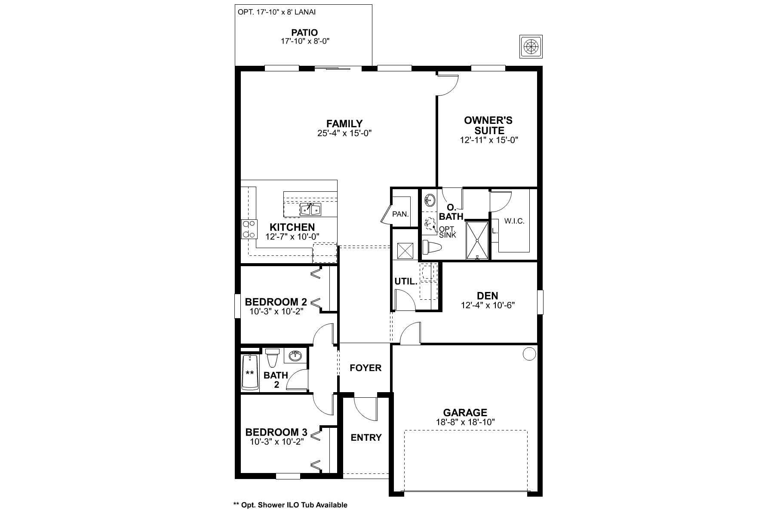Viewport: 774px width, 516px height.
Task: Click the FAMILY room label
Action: coord(344,124)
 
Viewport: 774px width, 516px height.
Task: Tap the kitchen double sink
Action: coord(310,209)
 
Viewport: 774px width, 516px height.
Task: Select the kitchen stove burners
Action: coord(249,229)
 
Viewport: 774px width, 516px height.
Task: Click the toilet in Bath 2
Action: coord(272,356)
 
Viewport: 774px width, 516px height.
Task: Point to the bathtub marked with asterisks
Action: coord(250,372)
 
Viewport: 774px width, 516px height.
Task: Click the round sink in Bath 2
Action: coord(295,356)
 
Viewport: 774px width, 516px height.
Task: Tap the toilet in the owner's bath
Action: coord(431,248)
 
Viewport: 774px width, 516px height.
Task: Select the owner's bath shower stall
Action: coord(477,241)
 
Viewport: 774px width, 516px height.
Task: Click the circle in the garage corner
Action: coord(529,354)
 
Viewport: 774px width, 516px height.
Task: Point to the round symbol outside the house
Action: coord(531,46)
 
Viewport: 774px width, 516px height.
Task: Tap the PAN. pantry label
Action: coord(400,214)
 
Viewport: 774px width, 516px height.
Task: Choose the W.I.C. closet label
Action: coord(514,221)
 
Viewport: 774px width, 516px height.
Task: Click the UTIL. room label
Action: coord(406,282)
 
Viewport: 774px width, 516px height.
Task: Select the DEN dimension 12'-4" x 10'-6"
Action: coord(488,305)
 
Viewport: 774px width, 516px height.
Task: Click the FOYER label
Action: coord(365,368)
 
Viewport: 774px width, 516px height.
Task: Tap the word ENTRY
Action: coord(366,438)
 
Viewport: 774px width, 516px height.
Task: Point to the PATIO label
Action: coord(304,33)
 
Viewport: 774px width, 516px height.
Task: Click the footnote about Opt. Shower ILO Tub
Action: coord(290,505)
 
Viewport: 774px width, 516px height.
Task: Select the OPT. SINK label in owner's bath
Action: coord(448,232)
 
